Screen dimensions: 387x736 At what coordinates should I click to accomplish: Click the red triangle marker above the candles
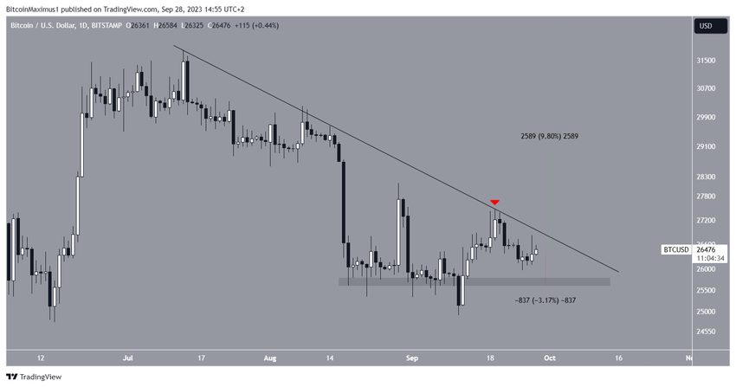pos(494,203)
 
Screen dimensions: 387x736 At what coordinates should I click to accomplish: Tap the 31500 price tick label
pos(707,61)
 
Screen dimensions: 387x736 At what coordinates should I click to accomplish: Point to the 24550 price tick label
pos(707,332)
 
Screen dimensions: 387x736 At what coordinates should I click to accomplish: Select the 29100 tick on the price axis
pos(707,147)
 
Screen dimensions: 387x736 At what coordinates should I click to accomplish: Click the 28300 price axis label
pos(707,177)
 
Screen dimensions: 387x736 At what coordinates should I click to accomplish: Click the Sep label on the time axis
pos(412,357)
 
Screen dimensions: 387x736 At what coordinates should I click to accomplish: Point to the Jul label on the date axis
pos(128,357)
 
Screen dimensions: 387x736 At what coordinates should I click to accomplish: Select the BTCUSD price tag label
pos(675,250)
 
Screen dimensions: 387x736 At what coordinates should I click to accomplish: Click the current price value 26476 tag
pos(707,250)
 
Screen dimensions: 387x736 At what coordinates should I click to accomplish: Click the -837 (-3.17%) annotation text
pos(546,300)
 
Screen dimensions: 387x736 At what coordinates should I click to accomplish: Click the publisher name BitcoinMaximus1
pos(37,7)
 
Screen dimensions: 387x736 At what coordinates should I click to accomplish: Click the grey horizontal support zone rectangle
pos(474,281)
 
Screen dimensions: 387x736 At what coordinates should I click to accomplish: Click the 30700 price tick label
pos(707,88)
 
